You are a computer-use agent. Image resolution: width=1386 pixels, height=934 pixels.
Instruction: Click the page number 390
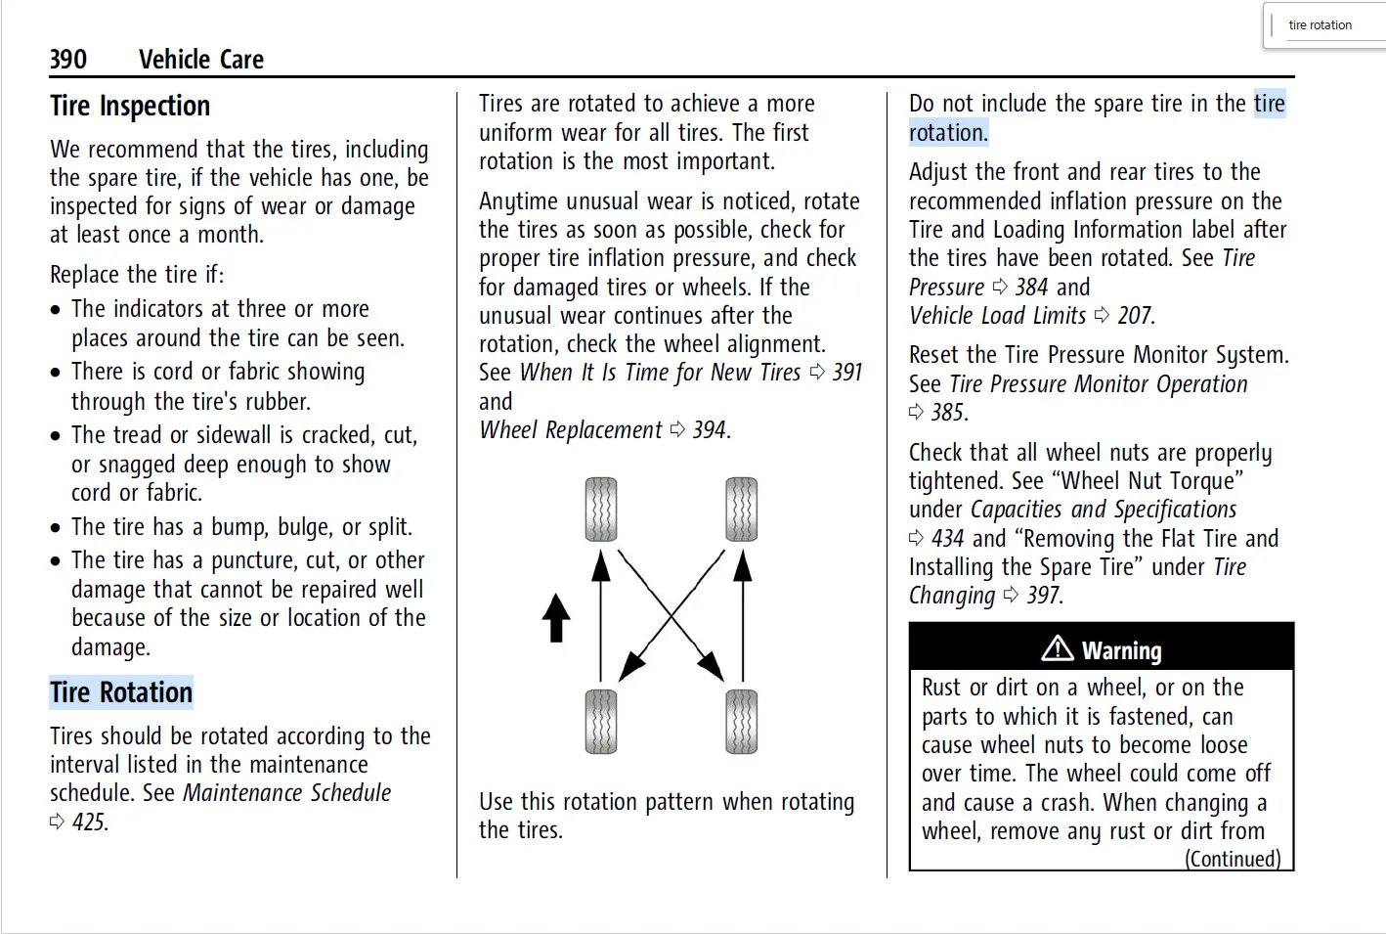point(68,60)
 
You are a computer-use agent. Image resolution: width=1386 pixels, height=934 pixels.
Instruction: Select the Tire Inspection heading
point(130,106)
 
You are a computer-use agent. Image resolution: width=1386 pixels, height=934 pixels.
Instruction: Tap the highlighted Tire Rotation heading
point(121,692)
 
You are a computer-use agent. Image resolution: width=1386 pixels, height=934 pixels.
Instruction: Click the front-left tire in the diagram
point(601,510)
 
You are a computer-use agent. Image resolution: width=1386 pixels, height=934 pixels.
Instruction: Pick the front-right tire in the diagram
point(742,510)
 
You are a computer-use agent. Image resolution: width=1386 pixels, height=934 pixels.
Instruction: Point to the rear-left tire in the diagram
point(601,722)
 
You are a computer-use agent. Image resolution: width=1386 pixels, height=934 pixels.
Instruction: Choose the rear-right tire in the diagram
point(742,722)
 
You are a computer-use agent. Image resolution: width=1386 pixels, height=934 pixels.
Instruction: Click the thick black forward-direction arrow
point(556,618)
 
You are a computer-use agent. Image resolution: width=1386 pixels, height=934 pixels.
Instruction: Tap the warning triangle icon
point(1058,648)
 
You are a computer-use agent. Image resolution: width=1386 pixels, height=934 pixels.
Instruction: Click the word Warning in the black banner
point(1122,650)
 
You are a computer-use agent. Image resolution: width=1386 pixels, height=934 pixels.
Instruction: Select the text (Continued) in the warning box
point(1233,859)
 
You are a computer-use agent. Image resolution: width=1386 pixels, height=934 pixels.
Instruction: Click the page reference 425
point(90,822)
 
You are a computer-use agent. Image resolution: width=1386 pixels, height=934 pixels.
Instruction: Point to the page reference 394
point(710,429)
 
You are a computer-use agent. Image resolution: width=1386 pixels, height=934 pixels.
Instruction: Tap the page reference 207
point(1135,315)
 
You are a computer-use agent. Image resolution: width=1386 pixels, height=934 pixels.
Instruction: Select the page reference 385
point(948,412)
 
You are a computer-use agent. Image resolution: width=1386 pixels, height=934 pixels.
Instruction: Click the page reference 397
point(1044,595)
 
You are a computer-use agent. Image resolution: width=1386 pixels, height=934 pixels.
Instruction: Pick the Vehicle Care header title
point(201,60)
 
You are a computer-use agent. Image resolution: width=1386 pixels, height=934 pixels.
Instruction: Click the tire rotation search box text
point(1320,25)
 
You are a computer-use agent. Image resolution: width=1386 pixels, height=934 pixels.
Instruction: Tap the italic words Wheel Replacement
point(571,429)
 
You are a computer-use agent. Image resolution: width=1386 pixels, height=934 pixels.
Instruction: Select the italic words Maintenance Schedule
point(287,792)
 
